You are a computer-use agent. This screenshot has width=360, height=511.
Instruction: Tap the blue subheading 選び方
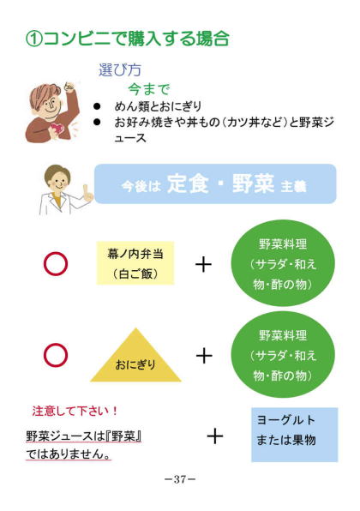click(x=119, y=70)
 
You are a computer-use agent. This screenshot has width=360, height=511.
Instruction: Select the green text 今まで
click(x=149, y=89)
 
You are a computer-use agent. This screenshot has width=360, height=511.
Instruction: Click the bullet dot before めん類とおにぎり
click(x=97, y=106)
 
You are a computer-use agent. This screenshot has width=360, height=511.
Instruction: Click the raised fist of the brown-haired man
click(x=69, y=87)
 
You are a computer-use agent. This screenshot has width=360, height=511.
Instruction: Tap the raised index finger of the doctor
click(x=86, y=190)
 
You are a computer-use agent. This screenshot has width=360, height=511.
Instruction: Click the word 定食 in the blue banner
click(x=188, y=183)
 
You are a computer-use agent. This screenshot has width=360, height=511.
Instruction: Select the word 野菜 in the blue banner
click(x=254, y=183)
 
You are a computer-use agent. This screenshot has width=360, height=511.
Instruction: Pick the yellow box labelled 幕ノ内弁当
click(x=135, y=263)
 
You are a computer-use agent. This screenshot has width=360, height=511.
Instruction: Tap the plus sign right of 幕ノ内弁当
click(x=204, y=264)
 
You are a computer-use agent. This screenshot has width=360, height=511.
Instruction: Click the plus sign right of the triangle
click(x=204, y=355)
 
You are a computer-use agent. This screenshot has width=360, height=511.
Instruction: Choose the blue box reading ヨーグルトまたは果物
click(x=295, y=435)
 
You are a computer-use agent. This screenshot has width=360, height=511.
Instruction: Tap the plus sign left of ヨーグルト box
click(x=215, y=436)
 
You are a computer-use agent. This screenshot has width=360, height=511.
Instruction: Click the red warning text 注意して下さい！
click(x=75, y=411)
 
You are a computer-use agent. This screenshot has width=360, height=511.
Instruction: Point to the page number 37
click(x=180, y=479)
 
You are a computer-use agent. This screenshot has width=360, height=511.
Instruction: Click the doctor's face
click(x=58, y=181)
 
